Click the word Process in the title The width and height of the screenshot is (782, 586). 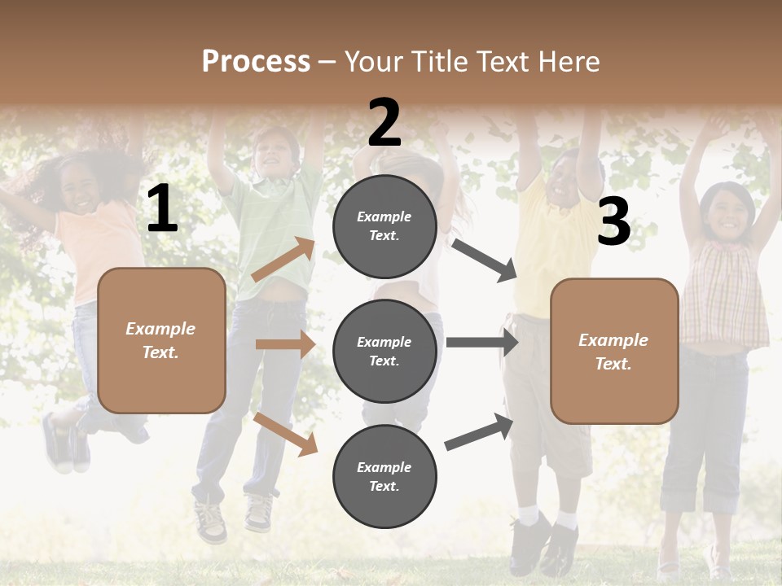pyautogui.click(x=256, y=61)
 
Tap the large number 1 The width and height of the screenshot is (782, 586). pyautogui.click(x=162, y=209)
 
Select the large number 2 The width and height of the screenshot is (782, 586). pyautogui.click(x=384, y=123)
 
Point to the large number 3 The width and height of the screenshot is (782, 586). pyautogui.click(x=613, y=222)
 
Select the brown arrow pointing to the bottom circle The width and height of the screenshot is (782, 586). pyautogui.click(x=285, y=433)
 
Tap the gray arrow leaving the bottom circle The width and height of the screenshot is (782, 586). pyautogui.click(x=479, y=431)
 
